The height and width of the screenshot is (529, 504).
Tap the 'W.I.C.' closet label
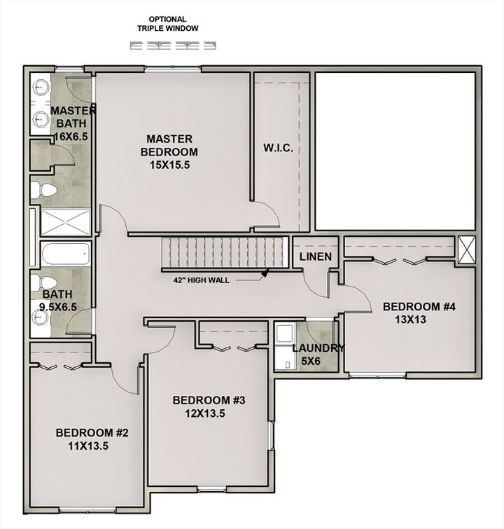(x=278, y=149)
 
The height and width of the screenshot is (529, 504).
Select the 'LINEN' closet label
(x=315, y=257)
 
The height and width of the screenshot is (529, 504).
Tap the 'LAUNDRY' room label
(x=318, y=348)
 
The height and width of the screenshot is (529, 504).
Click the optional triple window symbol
(x=173, y=46)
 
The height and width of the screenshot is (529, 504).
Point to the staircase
(x=225, y=252)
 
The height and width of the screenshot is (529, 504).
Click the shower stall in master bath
(x=65, y=223)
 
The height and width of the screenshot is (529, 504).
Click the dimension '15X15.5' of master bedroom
(x=169, y=165)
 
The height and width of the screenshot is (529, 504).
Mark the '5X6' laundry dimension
(x=312, y=362)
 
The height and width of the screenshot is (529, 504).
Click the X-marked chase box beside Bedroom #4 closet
(x=465, y=250)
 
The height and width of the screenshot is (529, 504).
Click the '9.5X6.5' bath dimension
(x=56, y=307)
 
